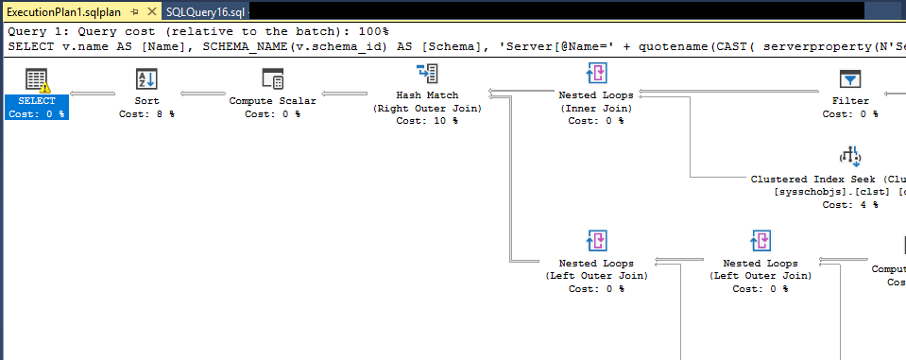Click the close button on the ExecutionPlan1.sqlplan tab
148,11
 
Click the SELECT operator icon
36,78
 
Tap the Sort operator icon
146,78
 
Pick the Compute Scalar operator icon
272,78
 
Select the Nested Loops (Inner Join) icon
596,74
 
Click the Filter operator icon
850,78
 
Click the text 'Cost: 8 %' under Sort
146,113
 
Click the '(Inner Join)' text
596,108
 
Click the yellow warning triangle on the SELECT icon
43,87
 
